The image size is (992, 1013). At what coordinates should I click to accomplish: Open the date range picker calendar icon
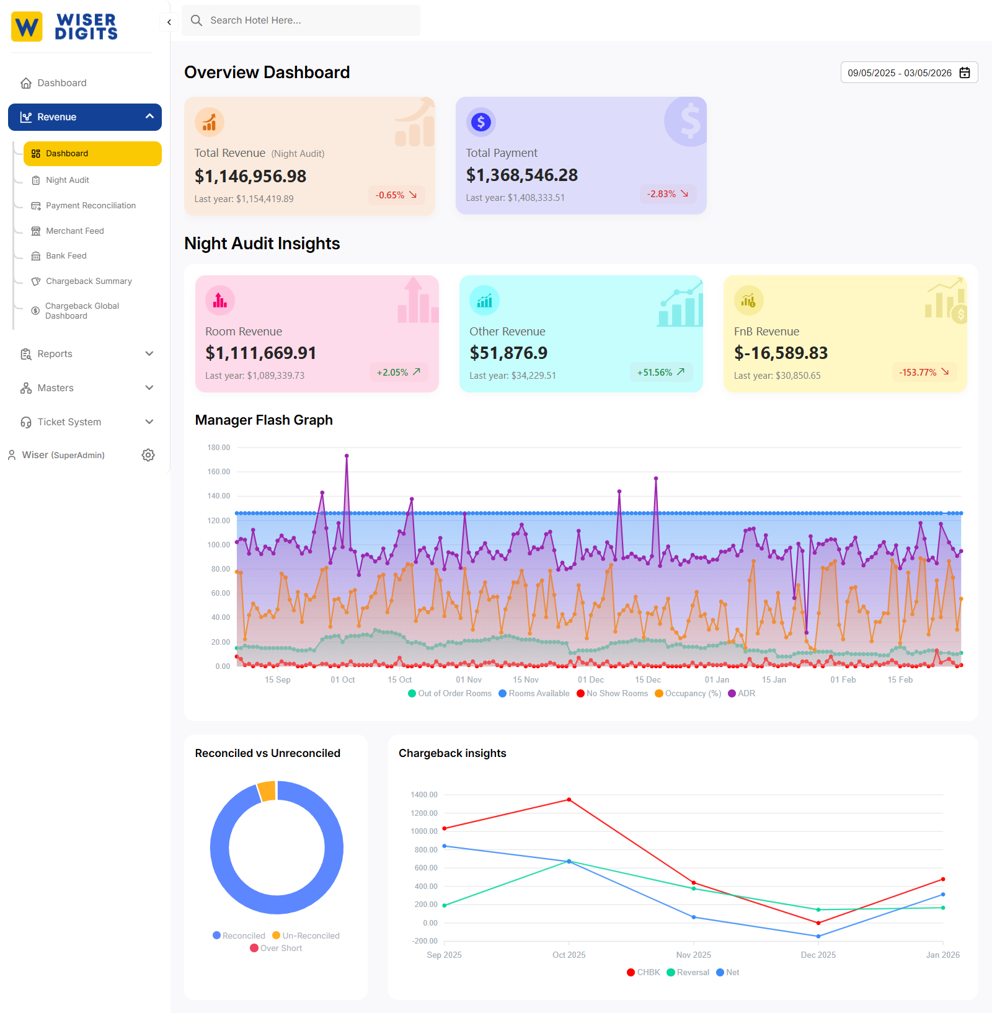(965, 73)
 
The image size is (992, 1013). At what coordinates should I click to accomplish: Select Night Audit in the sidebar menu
(67, 180)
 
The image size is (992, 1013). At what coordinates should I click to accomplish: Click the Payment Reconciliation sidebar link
(91, 206)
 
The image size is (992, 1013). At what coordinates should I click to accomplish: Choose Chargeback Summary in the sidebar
(89, 281)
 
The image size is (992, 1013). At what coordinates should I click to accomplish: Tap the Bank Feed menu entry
(66, 256)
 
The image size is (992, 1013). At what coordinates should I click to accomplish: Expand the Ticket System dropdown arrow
(149, 422)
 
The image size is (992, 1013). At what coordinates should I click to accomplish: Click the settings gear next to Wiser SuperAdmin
(148, 455)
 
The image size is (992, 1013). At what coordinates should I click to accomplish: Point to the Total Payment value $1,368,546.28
(521, 175)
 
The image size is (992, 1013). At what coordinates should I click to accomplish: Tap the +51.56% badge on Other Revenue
(660, 373)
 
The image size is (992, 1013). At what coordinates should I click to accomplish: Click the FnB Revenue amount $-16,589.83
(781, 353)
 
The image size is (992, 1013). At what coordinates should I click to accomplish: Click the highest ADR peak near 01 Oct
(347, 456)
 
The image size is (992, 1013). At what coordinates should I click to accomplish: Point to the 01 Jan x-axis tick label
(717, 680)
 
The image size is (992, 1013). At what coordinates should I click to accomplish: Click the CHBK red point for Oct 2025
(569, 800)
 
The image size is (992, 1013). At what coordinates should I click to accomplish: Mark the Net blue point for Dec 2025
(818, 936)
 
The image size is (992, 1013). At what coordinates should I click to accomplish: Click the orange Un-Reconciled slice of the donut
(267, 791)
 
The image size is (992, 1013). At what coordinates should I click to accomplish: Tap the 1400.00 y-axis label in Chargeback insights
(424, 795)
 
